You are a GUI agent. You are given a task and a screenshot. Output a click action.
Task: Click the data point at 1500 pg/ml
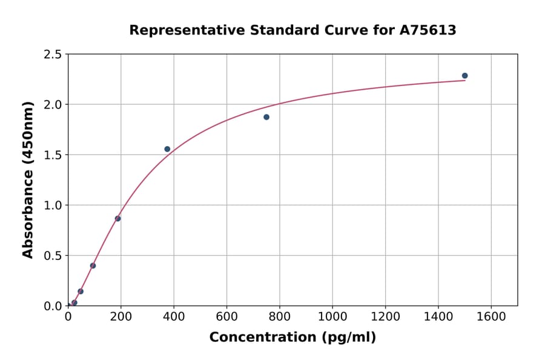[x=464, y=76]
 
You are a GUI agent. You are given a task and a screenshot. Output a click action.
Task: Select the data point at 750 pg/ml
[x=266, y=117]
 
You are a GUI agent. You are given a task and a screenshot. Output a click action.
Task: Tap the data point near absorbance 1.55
[x=167, y=149]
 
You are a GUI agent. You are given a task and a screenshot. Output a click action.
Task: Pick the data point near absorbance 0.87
[x=117, y=219]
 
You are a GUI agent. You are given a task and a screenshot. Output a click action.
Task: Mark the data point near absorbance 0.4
[x=93, y=265]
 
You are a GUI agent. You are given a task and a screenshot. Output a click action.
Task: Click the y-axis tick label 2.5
[x=53, y=55]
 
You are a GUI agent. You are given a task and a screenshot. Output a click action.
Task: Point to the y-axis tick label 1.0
[x=53, y=205]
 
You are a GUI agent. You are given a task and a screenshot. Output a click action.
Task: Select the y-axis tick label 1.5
[x=53, y=155]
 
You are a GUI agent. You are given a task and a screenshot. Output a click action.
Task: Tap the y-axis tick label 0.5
[x=53, y=256]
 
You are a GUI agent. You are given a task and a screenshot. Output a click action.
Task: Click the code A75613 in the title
[x=428, y=30]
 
